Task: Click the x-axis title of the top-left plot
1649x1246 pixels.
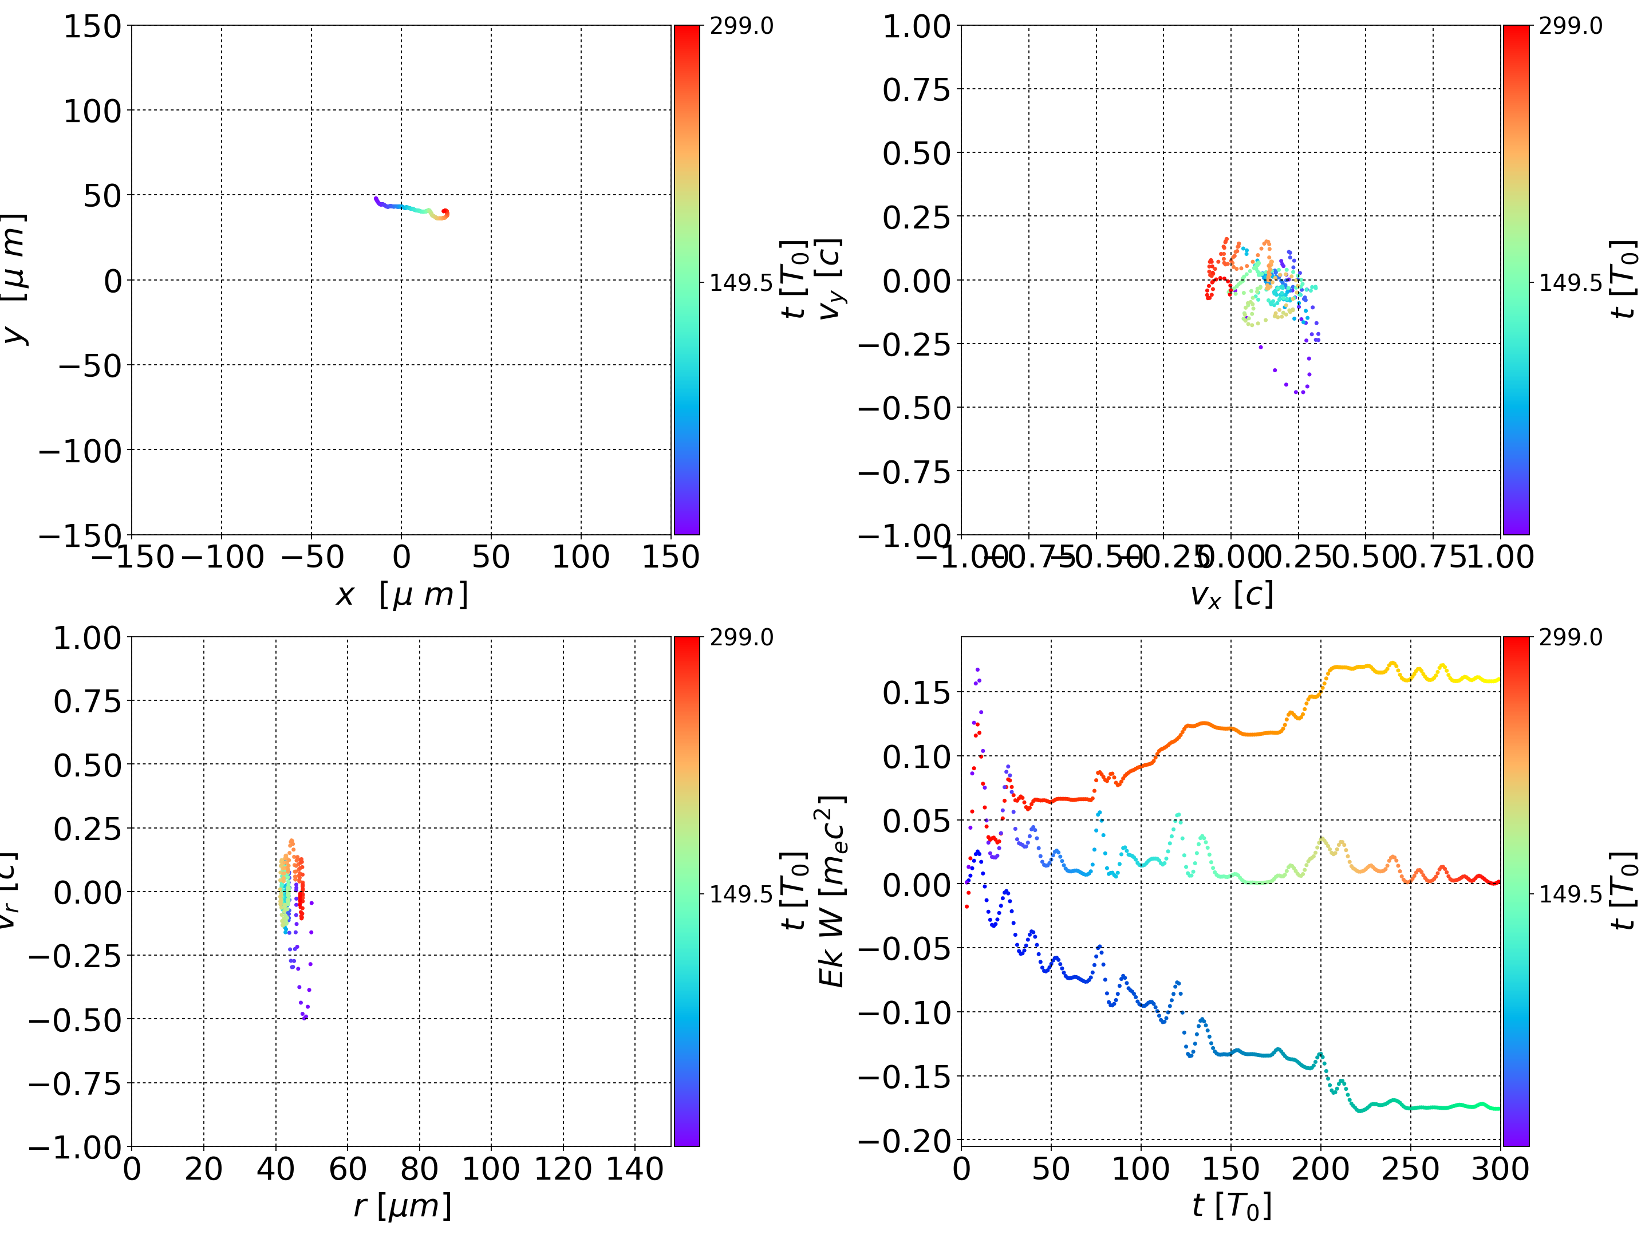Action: (402, 595)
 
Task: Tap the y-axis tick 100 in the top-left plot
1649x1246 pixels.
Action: (92, 111)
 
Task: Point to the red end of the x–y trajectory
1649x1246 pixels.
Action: (445, 212)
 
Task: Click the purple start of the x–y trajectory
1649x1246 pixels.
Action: (376, 198)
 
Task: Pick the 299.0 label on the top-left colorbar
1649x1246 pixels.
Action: (741, 26)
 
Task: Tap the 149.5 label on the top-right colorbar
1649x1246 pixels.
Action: (1570, 283)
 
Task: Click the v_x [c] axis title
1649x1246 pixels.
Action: (1231, 595)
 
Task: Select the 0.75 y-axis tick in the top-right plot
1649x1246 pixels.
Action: (917, 89)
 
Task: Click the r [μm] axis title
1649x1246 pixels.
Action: (402, 1206)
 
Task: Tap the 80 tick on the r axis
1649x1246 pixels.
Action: (419, 1169)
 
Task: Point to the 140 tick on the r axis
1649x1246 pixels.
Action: (635, 1169)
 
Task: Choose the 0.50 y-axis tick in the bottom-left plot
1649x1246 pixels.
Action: (87, 765)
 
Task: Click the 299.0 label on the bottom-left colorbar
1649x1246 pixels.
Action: (741, 637)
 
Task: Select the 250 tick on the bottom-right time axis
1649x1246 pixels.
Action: (1410, 1169)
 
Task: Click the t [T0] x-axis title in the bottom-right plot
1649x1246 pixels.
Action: (1231, 1206)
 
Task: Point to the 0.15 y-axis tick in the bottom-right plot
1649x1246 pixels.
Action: (917, 693)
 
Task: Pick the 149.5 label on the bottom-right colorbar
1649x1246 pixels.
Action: (1570, 893)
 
